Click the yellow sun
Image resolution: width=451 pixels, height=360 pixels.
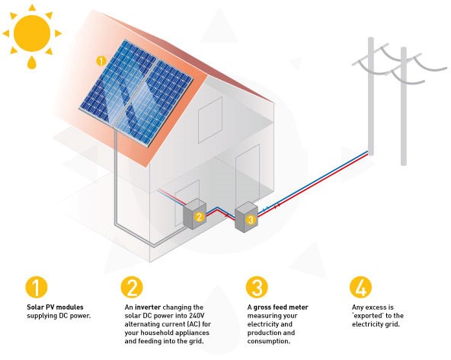click(x=32, y=33)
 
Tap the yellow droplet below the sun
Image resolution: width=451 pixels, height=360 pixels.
click(x=32, y=62)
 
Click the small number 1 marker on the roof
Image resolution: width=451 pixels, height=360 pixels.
click(x=101, y=61)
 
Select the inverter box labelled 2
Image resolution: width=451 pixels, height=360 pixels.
click(x=195, y=214)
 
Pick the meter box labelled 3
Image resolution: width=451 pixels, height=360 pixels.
click(x=246, y=218)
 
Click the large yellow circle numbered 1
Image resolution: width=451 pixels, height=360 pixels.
click(x=37, y=287)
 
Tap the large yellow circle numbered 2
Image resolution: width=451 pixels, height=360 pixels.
click(x=132, y=287)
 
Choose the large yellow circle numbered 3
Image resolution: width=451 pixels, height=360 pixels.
click(x=257, y=287)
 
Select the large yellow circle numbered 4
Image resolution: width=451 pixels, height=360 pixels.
click(x=360, y=287)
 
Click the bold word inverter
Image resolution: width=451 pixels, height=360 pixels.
click(x=148, y=307)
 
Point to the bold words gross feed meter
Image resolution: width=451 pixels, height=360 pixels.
click(x=280, y=307)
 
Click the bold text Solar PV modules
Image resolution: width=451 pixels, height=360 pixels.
click(x=55, y=307)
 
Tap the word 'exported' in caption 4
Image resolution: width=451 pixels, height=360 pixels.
click(x=368, y=316)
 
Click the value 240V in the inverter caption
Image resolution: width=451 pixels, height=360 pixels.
click(x=197, y=316)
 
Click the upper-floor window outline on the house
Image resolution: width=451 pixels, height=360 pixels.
click(x=210, y=120)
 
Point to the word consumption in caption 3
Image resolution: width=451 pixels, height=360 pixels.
click(x=268, y=341)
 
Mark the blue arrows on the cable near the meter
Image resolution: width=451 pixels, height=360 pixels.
click(x=265, y=209)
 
